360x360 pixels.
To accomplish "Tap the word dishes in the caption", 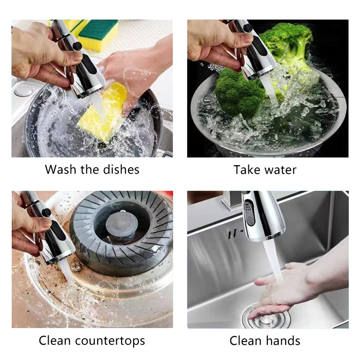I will pos(120,170).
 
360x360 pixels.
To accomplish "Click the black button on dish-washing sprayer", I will pos(77,46).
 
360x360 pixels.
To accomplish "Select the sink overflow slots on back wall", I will pos(232,235).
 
